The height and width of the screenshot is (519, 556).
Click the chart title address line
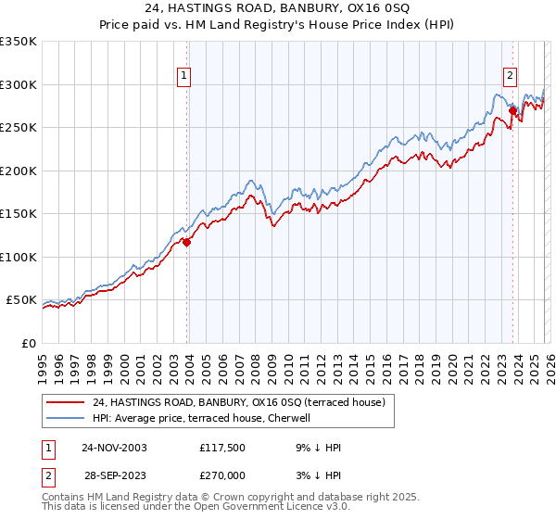[x=278, y=10]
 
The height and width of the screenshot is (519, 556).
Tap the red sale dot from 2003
[x=187, y=243]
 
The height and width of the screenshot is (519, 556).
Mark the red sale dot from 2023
[x=512, y=111]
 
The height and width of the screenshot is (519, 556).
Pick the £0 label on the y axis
[x=30, y=343]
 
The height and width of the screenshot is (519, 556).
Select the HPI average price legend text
[x=202, y=418]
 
